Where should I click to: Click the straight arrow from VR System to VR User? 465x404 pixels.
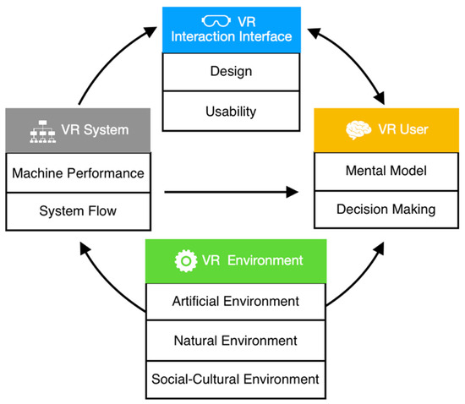[x=232, y=193]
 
